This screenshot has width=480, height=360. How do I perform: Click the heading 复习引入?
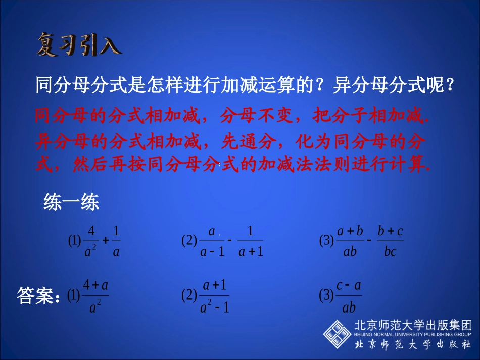(79, 45)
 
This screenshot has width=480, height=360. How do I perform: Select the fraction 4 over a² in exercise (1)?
(91, 241)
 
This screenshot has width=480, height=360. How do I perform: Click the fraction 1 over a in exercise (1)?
(116, 241)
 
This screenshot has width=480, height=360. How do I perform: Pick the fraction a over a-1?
(212, 241)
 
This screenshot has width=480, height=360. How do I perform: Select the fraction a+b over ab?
(350, 241)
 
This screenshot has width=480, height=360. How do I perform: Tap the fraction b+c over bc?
(390, 241)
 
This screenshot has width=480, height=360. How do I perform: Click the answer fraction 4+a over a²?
(95, 296)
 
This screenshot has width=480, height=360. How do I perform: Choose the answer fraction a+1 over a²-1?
(215, 296)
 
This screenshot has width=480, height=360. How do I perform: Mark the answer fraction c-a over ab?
(349, 296)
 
